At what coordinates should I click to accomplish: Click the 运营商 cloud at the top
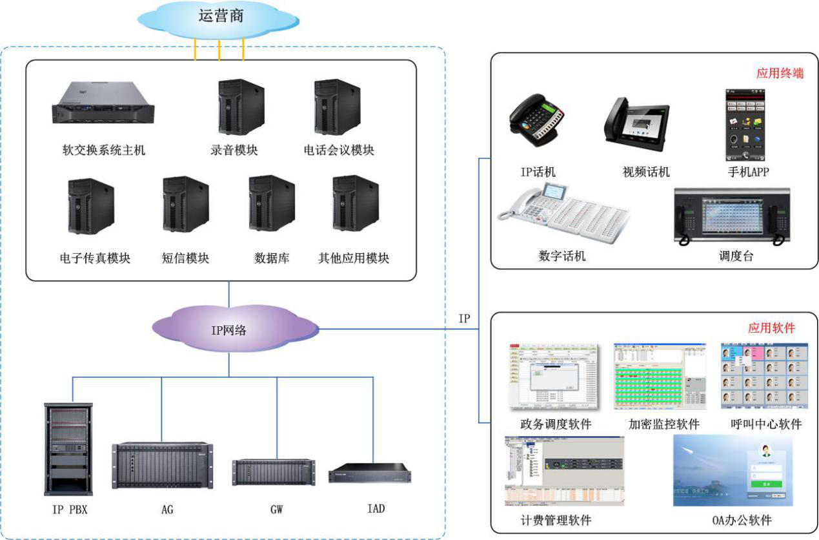[220, 18]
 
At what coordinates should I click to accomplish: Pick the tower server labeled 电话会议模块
[336, 107]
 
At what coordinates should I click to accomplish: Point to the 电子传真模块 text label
[95, 258]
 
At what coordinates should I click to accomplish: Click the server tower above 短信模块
[186, 205]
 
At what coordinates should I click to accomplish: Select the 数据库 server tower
[272, 204]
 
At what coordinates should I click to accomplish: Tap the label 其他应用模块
[354, 258]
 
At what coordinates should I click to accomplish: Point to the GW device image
[274, 472]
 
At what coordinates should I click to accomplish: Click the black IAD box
[369, 474]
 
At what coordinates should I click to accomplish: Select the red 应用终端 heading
[780, 73]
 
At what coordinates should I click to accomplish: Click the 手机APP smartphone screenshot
[746, 125]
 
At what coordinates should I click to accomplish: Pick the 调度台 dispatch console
[732, 217]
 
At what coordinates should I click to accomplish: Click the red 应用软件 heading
[771, 328]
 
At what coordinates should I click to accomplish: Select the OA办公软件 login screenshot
[733, 470]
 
